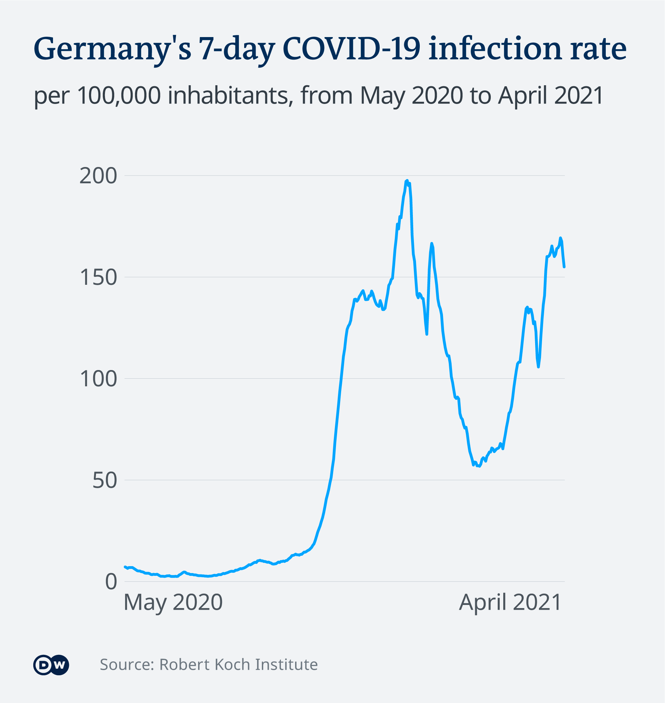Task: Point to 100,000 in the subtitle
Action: pyautogui.click(x=119, y=96)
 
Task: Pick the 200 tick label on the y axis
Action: pyautogui.click(x=98, y=176)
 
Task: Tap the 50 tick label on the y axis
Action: pyautogui.click(x=105, y=480)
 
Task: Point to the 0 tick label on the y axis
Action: pyautogui.click(x=111, y=582)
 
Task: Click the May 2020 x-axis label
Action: pyautogui.click(x=173, y=602)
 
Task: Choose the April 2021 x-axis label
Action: pyautogui.click(x=510, y=602)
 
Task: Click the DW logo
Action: pyautogui.click(x=51, y=665)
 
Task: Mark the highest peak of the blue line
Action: pyautogui.click(x=407, y=181)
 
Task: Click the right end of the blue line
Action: pyautogui.click(x=564, y=267)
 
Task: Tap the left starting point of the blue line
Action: pyautogui.click(x=125, y=566)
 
